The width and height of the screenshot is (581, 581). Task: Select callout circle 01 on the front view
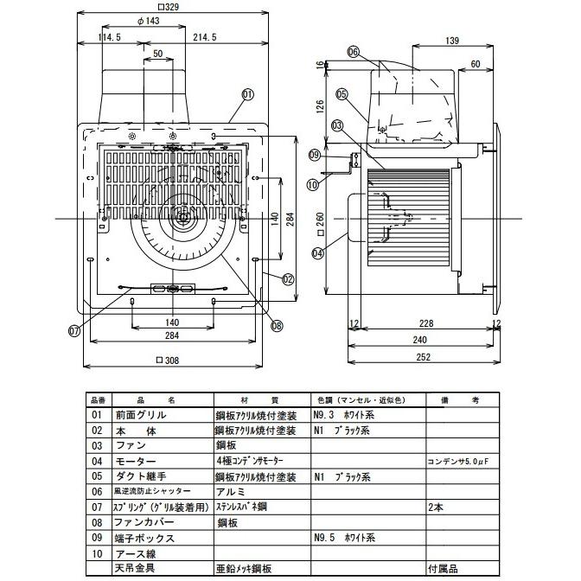(x=247, y=94)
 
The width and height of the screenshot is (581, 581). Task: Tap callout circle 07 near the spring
(x=74, y=329)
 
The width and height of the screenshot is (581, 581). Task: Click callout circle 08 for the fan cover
(x=277, y=326)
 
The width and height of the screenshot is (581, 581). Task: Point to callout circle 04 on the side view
(x=317, y=253)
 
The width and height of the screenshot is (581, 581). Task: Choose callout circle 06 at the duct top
(x=353, y=52)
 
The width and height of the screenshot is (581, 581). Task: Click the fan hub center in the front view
(x=182, y=218)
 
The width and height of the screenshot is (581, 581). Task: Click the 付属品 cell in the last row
(x=442, y=568)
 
